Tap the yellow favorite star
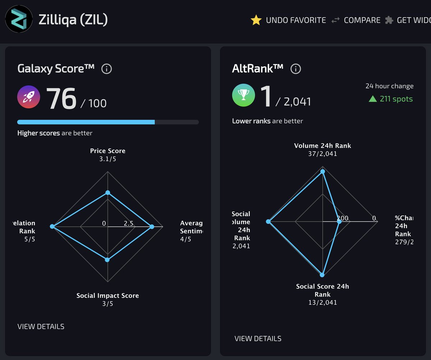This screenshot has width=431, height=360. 256,20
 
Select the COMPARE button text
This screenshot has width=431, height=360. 362,20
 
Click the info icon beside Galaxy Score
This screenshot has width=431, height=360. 106,69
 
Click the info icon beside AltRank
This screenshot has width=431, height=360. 295,69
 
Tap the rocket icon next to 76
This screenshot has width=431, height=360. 29,97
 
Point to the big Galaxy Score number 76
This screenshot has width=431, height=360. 61,99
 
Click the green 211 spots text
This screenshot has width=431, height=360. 396,99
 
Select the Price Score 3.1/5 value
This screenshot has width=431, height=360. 108,159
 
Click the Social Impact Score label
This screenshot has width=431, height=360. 108,296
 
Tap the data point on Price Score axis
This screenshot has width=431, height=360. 107,193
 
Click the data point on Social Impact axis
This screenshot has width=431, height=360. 107,259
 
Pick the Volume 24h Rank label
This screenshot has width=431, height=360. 323,146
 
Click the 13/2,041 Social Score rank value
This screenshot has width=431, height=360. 323,302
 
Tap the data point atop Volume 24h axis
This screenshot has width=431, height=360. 323,171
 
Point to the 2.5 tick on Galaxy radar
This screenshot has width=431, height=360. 129,223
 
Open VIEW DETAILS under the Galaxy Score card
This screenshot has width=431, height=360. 41,327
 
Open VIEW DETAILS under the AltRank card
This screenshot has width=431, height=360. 258,338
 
